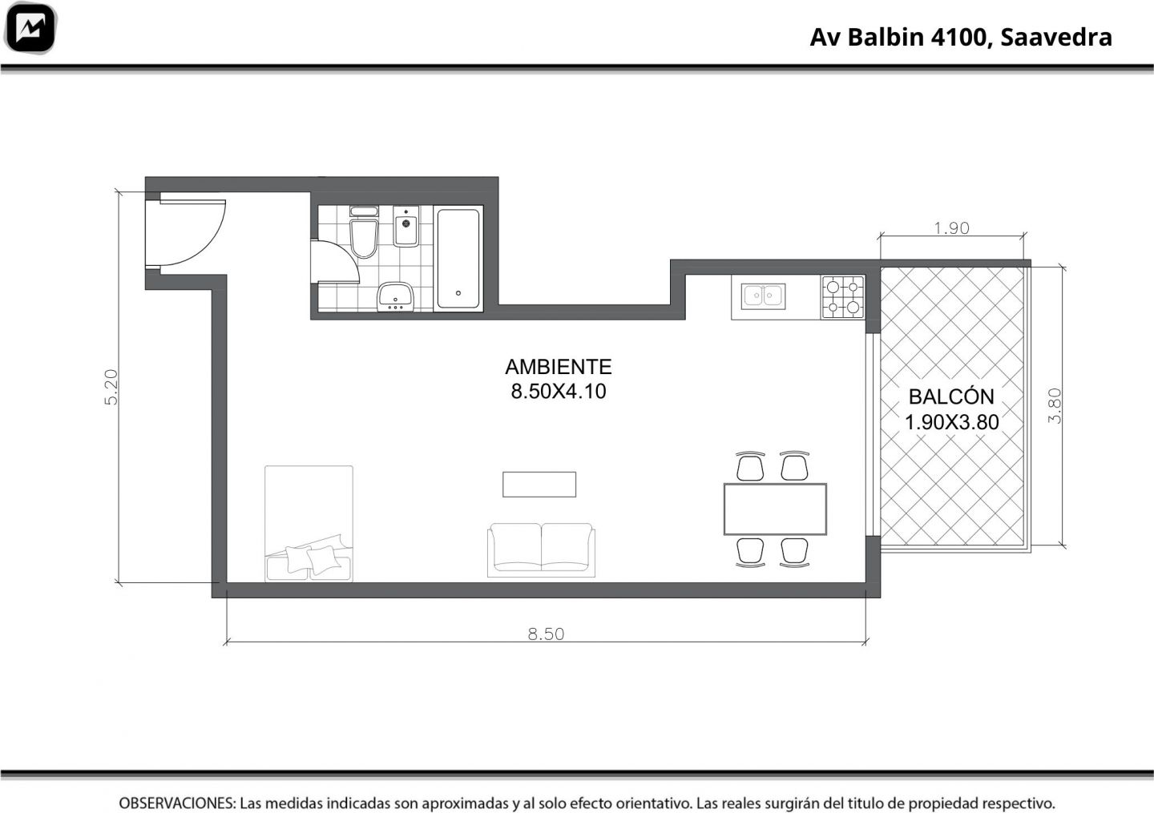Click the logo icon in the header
coord(30,28)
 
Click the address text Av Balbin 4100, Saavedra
coord(961,37)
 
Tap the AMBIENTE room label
coord(559,367)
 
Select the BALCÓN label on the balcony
coord(951,396)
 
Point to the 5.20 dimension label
coord(111,387)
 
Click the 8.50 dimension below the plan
coord(546,634)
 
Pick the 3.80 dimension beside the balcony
coord(1055,406)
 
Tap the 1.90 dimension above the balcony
coord(951,227)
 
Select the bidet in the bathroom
coord(406,227)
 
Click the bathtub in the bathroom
coord(458,259)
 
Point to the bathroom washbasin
coord(395,296)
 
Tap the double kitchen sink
coord(763,296)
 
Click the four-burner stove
coord(843,296)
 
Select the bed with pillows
coord(309,524)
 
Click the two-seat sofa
coord(541,549)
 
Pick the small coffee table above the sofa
coord(539,485)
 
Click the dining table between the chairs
coord(775,509)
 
